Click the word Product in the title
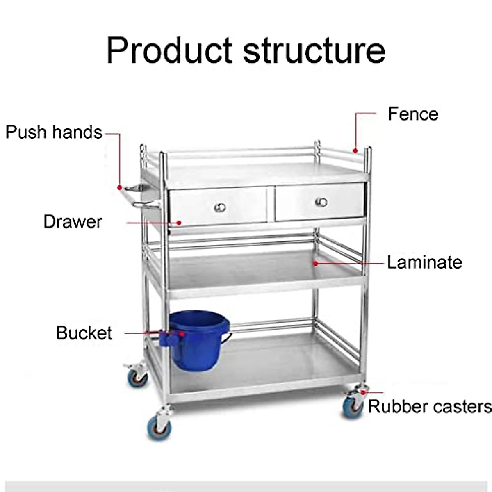[x=169, y=51]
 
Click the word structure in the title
[x=314, y=51]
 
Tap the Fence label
[x=413, y=114]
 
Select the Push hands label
[x=54, y=132]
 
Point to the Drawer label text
[x=73, y=222]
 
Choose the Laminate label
[x=424, y=262]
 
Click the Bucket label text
[x=84, y=333]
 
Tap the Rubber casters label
[x=429, y=407]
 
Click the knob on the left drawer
[x=220, y=207]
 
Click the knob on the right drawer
[x=321, y=202]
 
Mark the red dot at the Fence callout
[x=356, y=150]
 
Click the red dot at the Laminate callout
[x=316, y=263]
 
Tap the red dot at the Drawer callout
[x=179, y=223]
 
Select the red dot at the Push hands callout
[x=120, y=187]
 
